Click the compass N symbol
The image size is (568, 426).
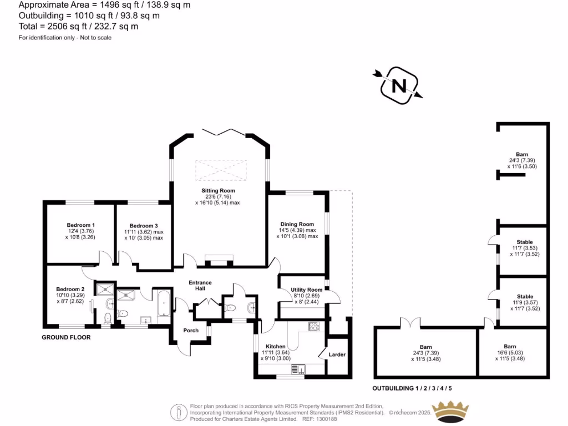coord(398,86)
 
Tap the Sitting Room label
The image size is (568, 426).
coord(220,190)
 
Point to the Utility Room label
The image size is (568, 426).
coord(306,290)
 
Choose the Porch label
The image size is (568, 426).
coord(191,331)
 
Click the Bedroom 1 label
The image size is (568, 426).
coord(80,225)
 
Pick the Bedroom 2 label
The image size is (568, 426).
coord(70,289)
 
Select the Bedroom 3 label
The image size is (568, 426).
coord(141,226)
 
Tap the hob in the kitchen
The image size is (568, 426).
coord(315,327)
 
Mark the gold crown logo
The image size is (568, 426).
coord(450,412)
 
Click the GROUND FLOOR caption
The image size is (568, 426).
coord(66,337)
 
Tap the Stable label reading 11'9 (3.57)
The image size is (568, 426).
coord(525,296)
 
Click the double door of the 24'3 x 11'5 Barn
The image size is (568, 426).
coord(411,322)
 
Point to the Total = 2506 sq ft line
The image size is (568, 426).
coord(79,26)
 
